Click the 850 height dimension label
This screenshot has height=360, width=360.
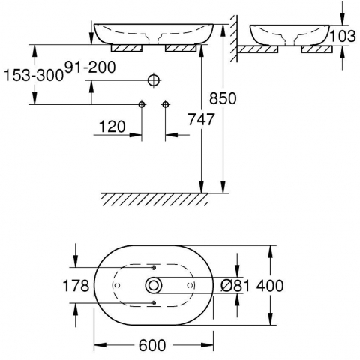click(223, 98)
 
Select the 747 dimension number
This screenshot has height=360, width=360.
click(201, 119)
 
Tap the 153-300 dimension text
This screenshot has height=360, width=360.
click(34, 75)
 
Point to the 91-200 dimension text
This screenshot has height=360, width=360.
click(90, 67)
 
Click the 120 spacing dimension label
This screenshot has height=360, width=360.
click(112, 127)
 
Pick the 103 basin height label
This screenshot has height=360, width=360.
click(343, 36)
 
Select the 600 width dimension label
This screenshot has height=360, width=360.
click(152, 345)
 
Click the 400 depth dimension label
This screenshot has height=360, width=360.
click(270, 286)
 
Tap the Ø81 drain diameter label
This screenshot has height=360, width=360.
click(235, 286)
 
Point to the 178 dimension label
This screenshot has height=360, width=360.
click(76, 286)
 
